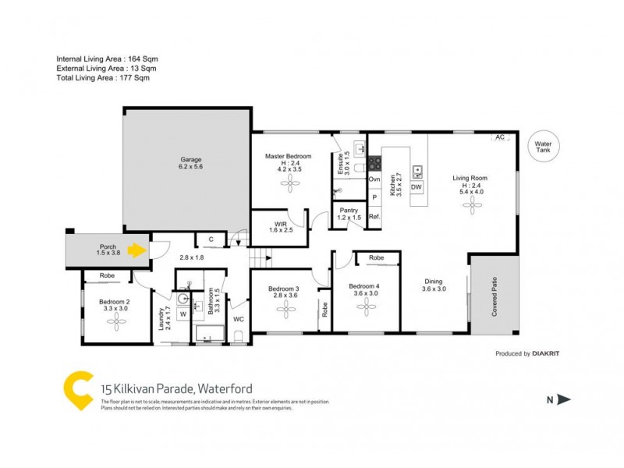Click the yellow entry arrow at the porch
pyautogui.click(x=137, y=251)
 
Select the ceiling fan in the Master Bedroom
pyautogui.click(x=290, y=184)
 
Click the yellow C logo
pyautogui.click(x=78, y=389)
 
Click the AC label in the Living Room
pyautogui.click(x=499, y=137)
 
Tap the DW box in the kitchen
pyautogui.click(x=416, y=188)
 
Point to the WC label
pyautogui.click(x=238, y=318)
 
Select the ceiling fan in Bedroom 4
pyautogui.click(x=366, y=307)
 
